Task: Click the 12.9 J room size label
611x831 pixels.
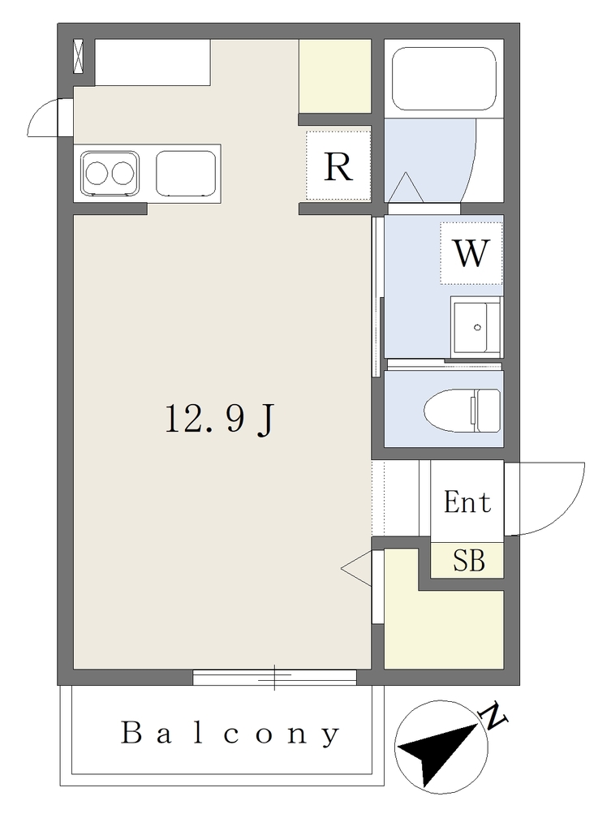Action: (x=219, y=420)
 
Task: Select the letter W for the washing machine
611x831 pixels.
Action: (x=471, y=253)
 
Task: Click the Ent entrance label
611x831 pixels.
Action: (x=467, y=502)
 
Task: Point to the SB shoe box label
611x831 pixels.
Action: (x=469, y=560)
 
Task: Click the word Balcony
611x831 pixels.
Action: (x=230, y=734)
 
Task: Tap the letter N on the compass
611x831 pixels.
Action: (x=493, y=716)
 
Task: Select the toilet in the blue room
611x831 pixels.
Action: (x=462, y=410)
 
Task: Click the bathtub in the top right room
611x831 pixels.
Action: (x=444, y=79)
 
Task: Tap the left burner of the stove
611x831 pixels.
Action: (x=97, y=174)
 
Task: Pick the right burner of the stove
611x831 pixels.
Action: (x=122, y=174)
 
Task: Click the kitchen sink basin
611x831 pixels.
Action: (x=186, y=173)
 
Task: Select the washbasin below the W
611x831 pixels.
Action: (x=475, y=327)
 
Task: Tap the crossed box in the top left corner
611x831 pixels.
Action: (x=79, y=56)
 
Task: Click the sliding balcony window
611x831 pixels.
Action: (x=274, y=677)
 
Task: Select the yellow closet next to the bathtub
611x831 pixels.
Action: (x=334, y=76)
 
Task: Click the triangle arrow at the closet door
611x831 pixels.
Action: (x=356, y=568)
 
